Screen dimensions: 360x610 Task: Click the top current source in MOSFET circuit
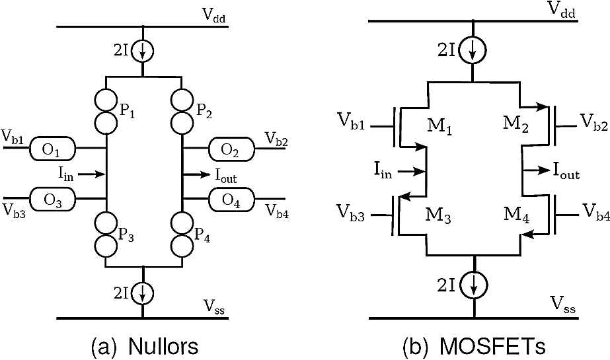[x=474, y=50]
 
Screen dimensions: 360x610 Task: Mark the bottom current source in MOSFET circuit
[x=474, y=283]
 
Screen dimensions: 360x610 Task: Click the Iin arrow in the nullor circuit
[x=96, y=174]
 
